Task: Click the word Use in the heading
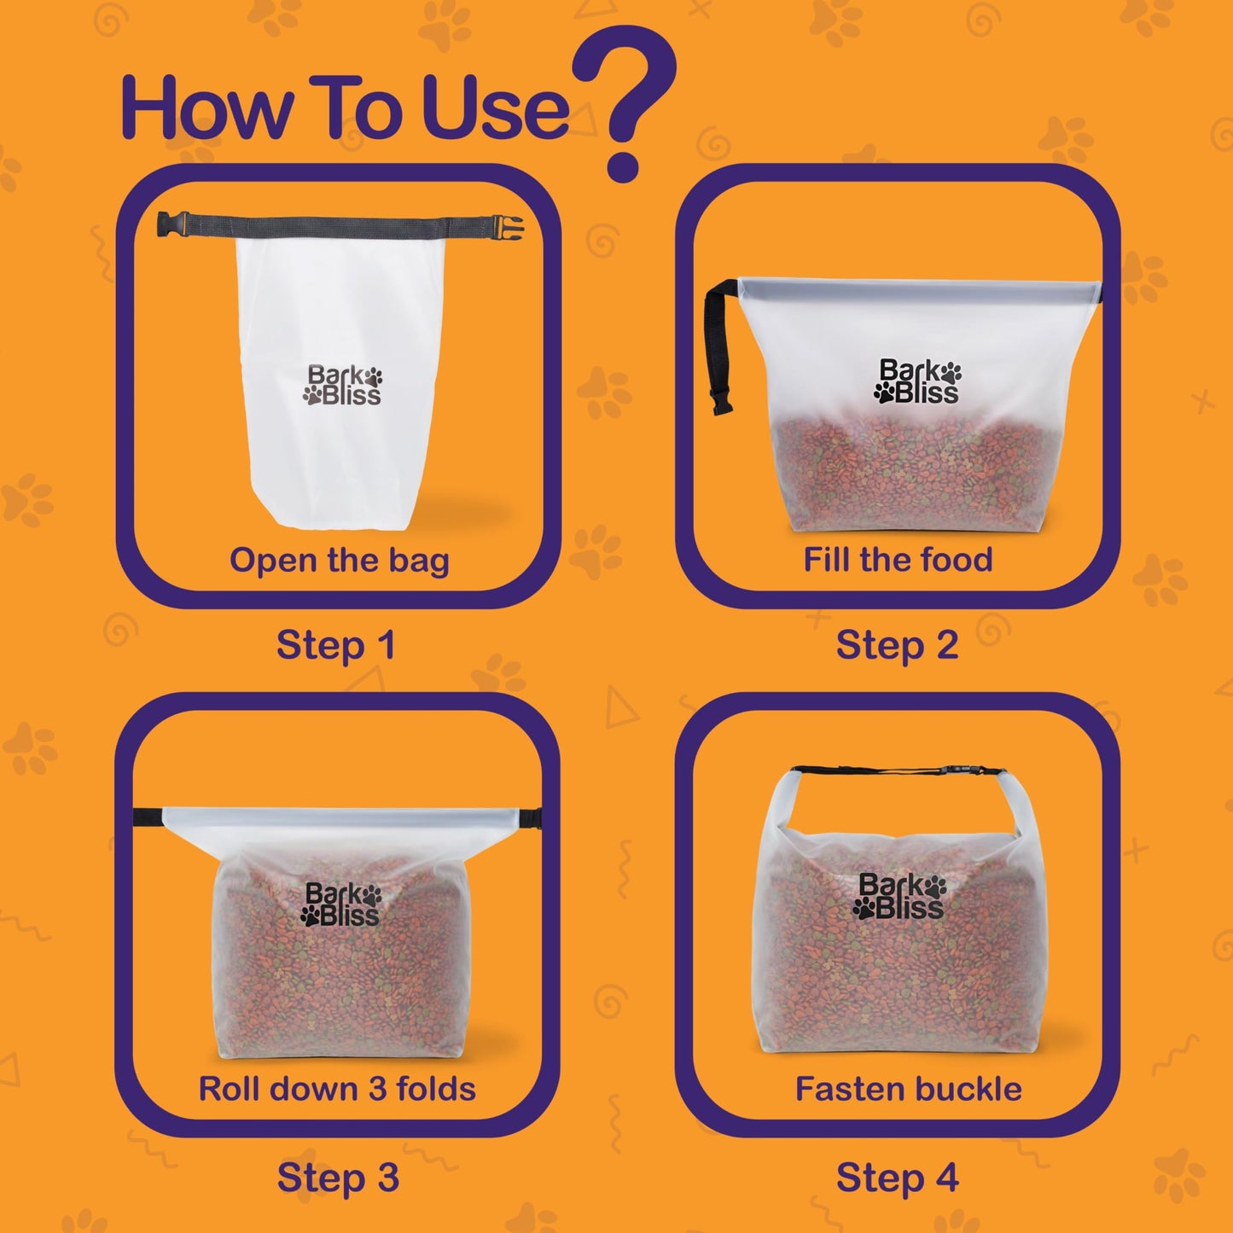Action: coord(495,108)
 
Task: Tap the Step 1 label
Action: coord(336,646)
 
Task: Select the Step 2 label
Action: coord(897,646)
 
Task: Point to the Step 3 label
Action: coord(338,1178)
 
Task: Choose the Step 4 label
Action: coord(897,1178)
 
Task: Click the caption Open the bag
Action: coord(339,561)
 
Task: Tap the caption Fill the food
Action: coord(898,561)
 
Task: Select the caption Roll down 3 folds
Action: coord(337,1090)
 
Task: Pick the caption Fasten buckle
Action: coord(908,1090)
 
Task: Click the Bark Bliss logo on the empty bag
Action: coord(343,386)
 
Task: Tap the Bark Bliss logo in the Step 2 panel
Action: coord(918,381)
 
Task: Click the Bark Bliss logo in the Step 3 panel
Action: coord(340,905)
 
